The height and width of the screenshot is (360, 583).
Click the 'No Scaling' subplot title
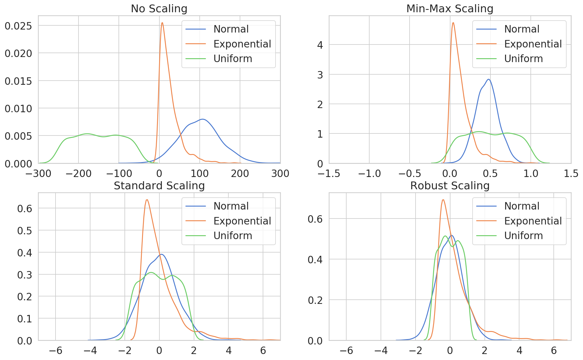159,8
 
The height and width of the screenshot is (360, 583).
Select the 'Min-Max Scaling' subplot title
450,8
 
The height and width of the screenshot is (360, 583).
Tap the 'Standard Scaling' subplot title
159,185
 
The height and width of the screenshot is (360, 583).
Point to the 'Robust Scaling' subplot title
450,185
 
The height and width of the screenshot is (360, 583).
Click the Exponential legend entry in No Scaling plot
242,44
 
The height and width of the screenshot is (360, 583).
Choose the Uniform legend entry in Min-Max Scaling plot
523,59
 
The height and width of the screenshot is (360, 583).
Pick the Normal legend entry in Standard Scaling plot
231,206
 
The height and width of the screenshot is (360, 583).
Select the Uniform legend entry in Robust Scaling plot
523,236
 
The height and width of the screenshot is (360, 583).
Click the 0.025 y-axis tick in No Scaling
18,26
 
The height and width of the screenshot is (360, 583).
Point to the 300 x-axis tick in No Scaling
280,173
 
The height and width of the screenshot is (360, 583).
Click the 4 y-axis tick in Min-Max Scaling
320,45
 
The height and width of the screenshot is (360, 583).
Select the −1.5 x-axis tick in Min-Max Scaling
329,173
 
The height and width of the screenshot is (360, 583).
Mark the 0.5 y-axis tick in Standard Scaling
24,230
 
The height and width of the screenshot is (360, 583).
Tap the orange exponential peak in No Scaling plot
162,23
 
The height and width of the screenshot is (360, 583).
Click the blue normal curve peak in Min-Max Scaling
488,79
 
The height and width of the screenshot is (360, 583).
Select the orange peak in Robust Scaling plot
443,200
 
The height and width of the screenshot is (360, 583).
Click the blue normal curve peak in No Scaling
203,119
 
